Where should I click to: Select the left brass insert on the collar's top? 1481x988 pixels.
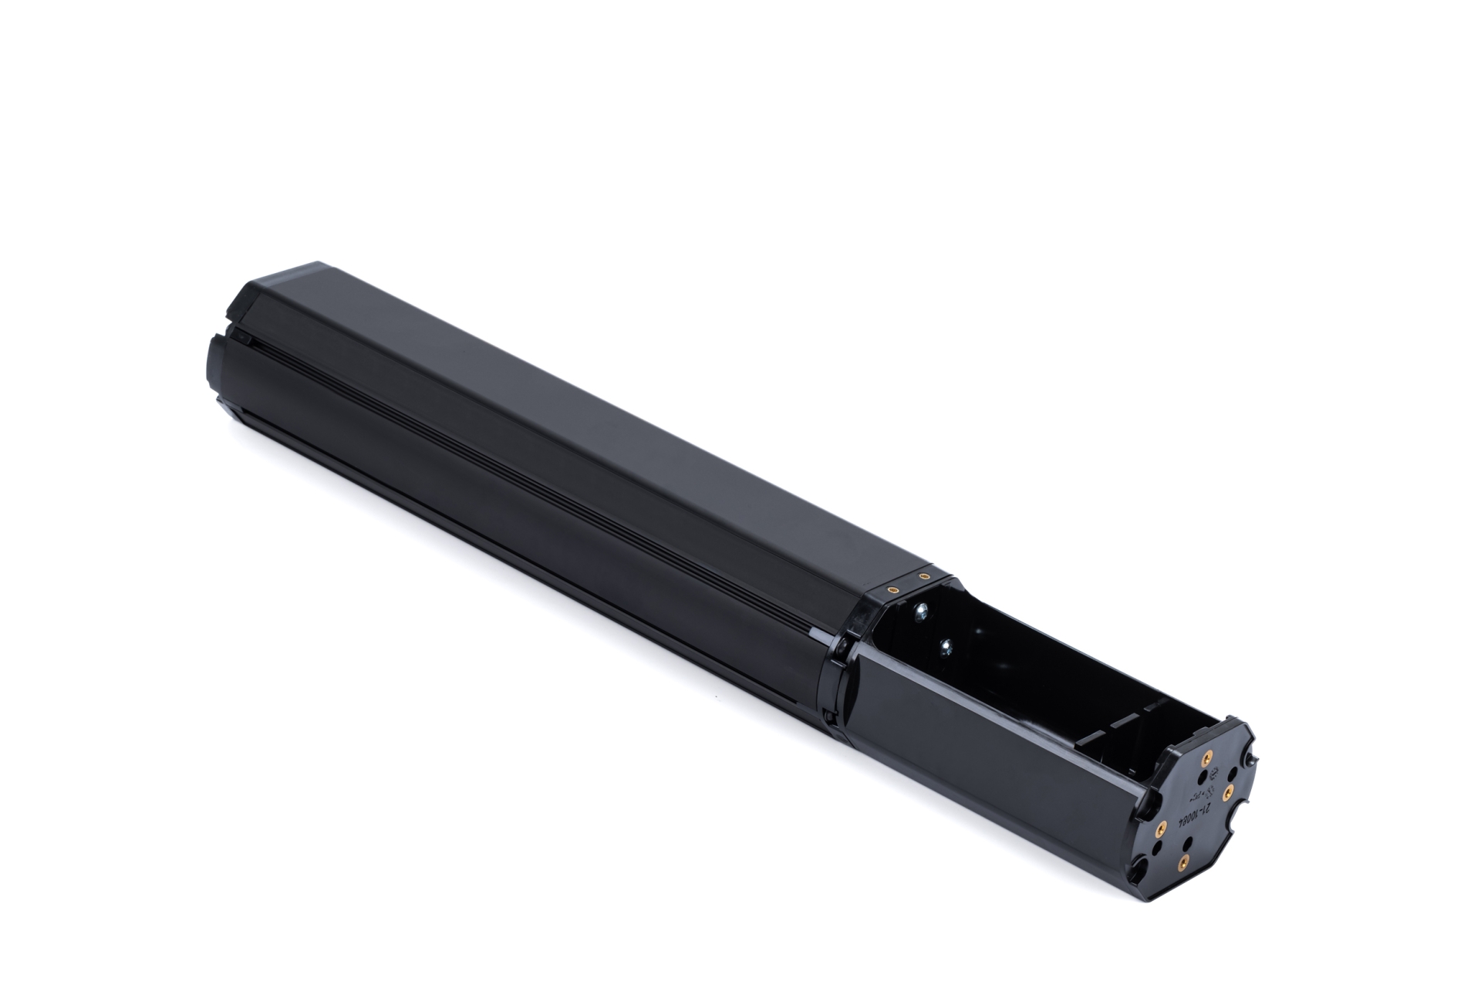[892, 588]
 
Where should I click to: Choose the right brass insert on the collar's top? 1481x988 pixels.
[923, 575]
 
